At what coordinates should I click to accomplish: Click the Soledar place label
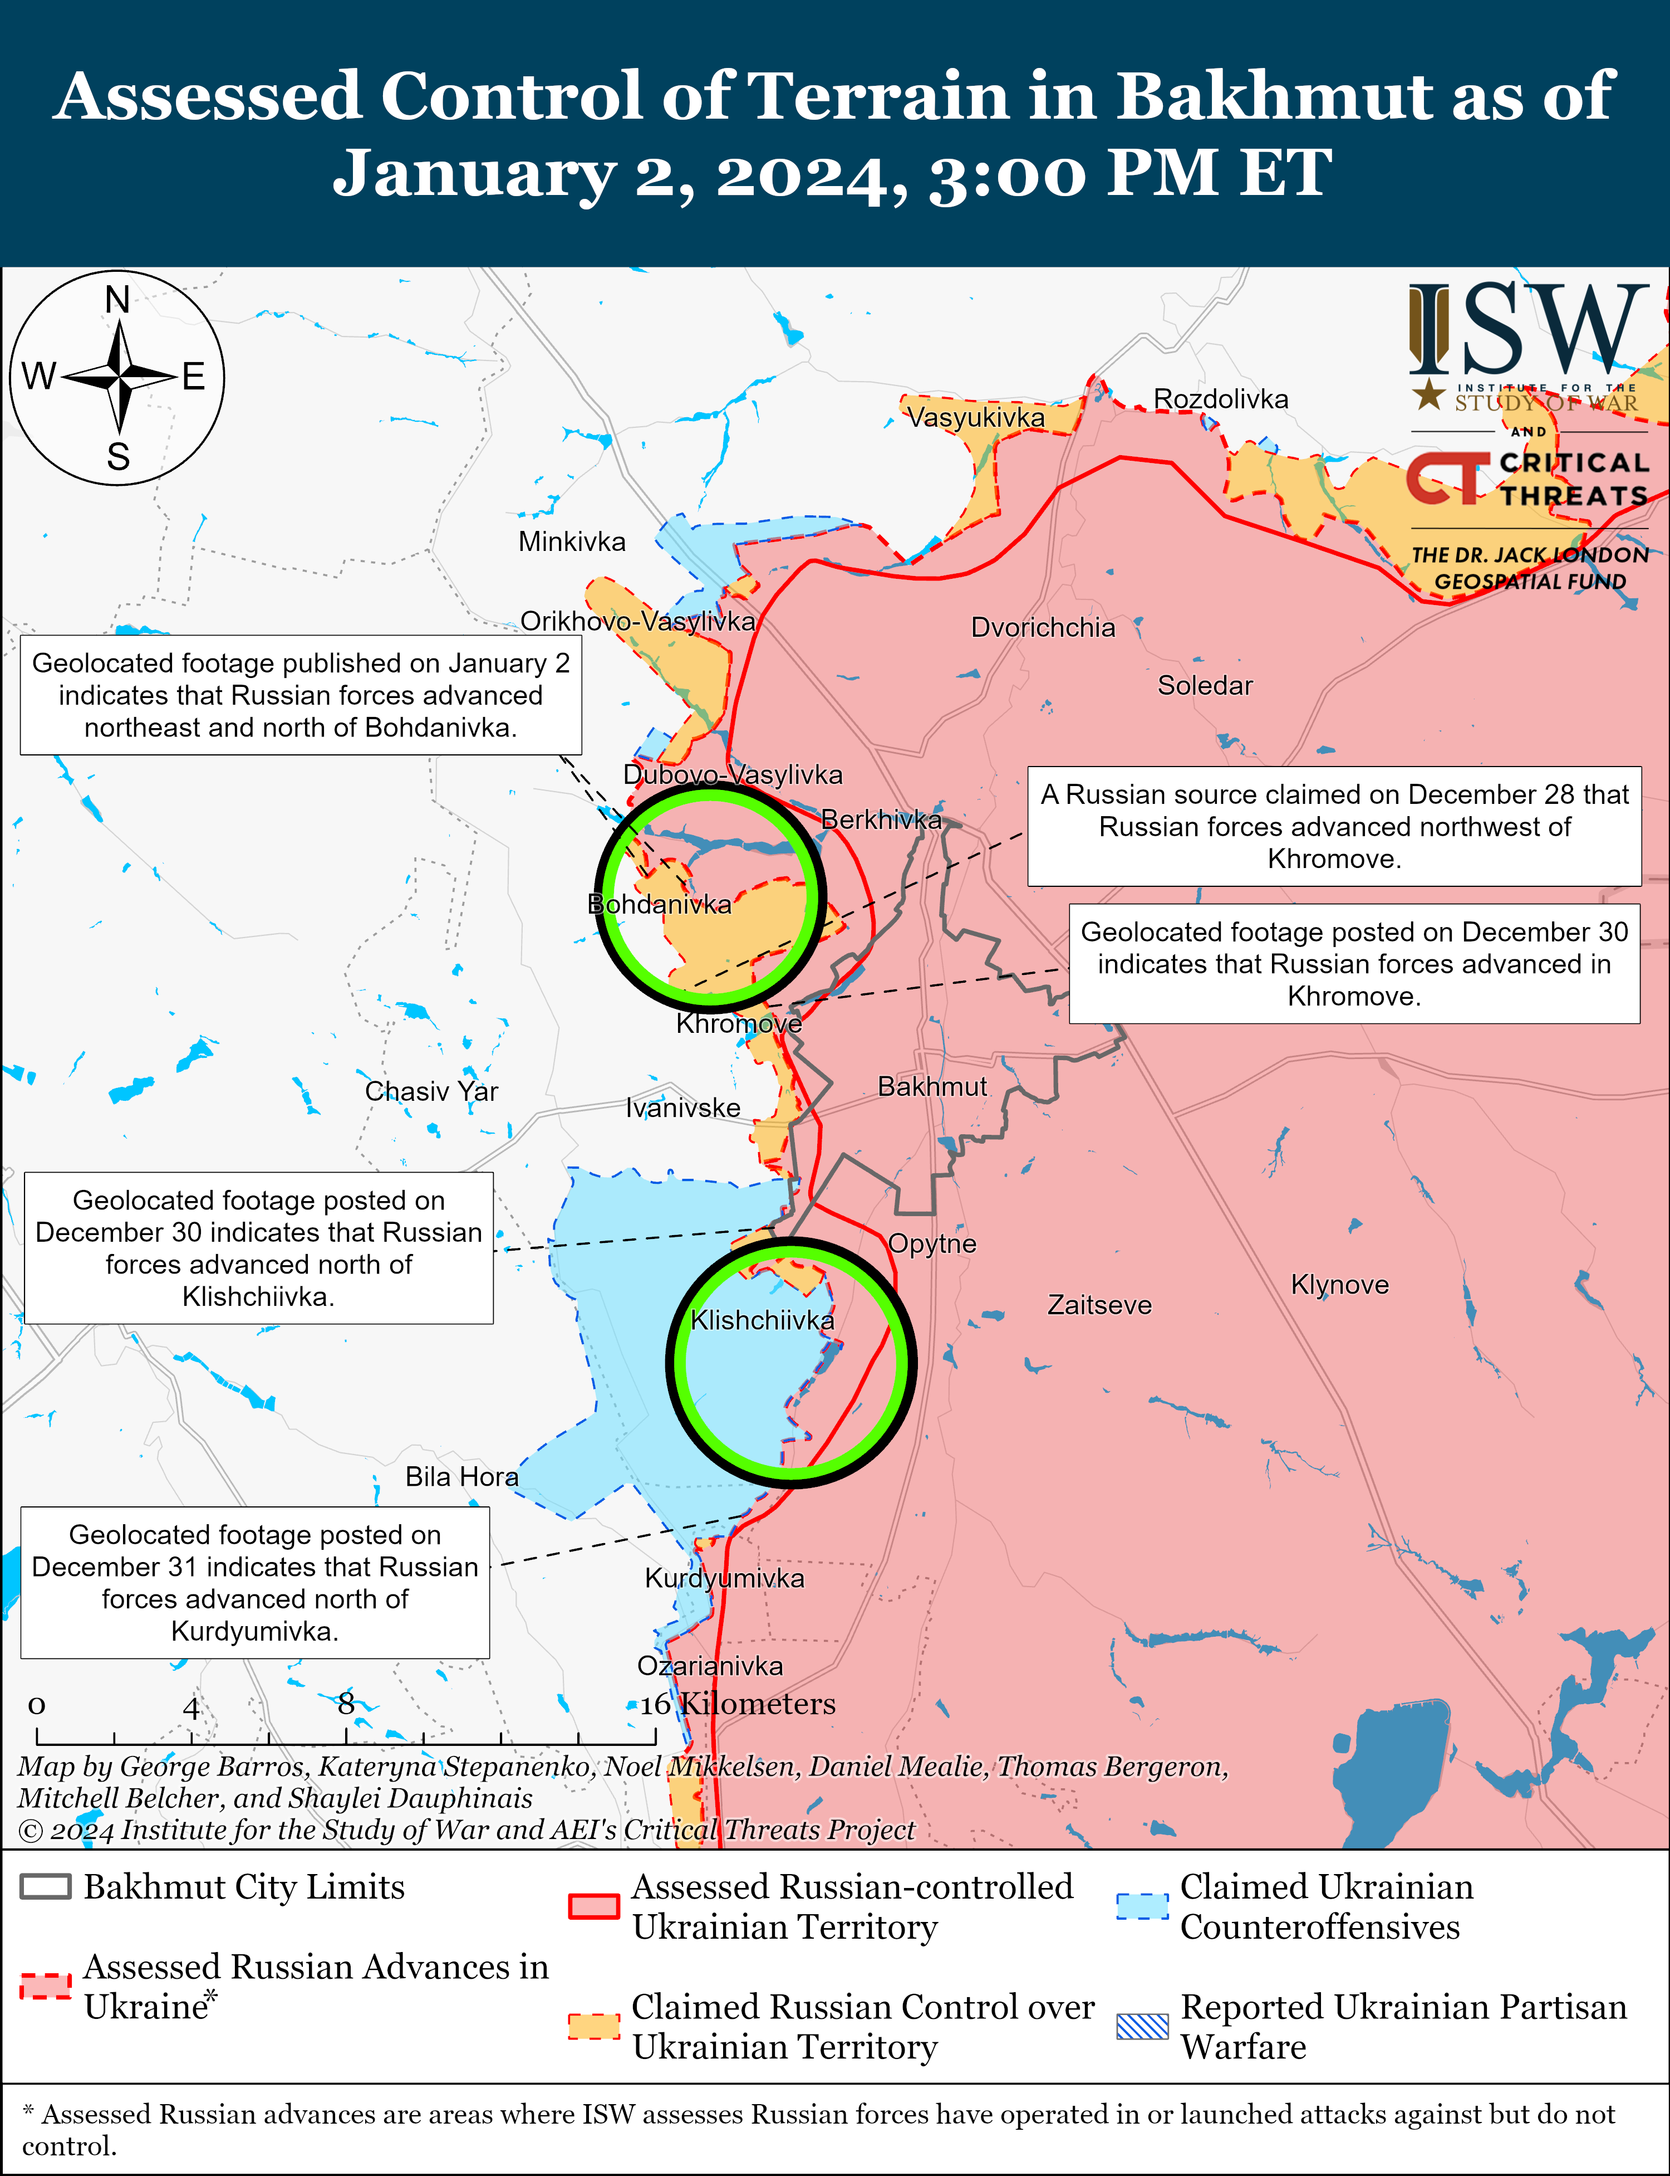pyautogui.click(x=1205, y=685)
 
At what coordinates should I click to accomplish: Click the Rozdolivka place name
pyautogui.click(x=1221, y=399)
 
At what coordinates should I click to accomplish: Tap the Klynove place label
pyautogui.click(x=1339, y=1284)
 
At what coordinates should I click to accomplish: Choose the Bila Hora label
pyautogui.click(x=461, y=1477)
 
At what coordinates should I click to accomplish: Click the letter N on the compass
pyautogui.click(x=117, y=299)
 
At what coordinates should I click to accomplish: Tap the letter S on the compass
pyautogui.click(x=118, y=457)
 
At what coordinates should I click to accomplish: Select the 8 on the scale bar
pyautogui.click(x=345, y=1704)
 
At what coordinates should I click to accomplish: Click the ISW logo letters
pyautogui.click(x=1526, y=328)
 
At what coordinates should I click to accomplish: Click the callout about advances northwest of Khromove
pyautogui.click(x=1334, y=826)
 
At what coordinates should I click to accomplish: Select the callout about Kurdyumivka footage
pyautogui.click(x=256, y=1582)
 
